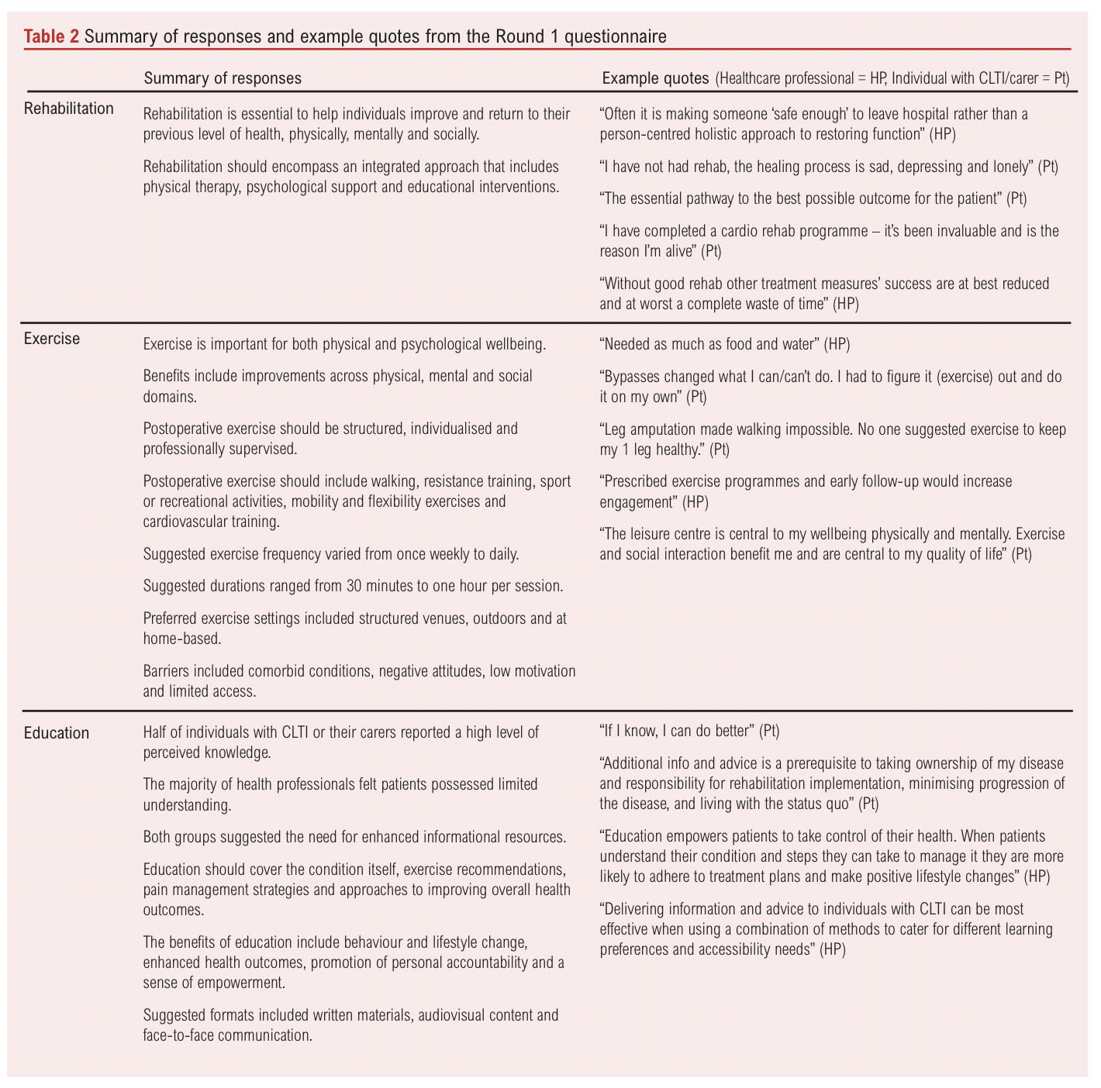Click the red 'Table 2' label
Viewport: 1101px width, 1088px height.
51,36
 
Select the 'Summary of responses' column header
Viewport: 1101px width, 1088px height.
223,78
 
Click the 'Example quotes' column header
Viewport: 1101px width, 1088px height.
655,78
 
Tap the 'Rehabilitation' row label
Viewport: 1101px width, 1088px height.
69,108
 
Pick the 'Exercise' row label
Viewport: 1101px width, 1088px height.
52,339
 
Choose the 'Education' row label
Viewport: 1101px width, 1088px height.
57,733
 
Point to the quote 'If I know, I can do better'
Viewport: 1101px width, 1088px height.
689,730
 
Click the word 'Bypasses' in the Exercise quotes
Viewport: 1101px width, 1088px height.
630,377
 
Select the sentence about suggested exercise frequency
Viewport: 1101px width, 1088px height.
331,554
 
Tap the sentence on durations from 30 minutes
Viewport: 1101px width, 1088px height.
353,586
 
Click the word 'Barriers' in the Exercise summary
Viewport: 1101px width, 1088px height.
167,671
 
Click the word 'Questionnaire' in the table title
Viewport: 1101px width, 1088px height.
613,36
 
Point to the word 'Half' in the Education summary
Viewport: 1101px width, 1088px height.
157,732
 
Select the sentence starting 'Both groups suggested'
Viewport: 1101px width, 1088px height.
354,837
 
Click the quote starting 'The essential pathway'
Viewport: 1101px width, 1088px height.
813,198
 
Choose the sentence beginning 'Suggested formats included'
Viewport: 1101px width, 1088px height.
350,1015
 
